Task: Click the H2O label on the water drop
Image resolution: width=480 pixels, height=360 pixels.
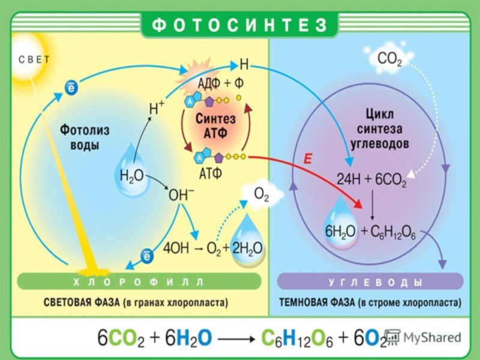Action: (131, 175)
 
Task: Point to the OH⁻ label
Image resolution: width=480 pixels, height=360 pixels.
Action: (181, 195)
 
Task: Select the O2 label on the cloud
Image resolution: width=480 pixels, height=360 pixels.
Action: (262, 195)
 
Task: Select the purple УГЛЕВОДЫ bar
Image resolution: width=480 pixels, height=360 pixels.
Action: (371, 281)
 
